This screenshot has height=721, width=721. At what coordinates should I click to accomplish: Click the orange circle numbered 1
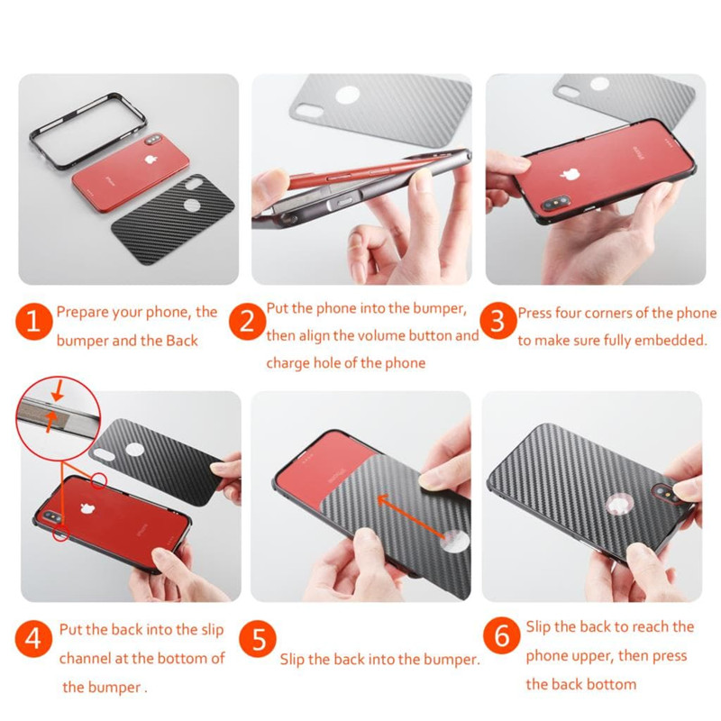coord(33,322)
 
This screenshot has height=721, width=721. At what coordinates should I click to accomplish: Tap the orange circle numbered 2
coord(247,322)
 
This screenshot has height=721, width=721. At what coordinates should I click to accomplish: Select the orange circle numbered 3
coord(498,321)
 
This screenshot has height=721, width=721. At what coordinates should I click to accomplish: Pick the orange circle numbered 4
coord(33,639)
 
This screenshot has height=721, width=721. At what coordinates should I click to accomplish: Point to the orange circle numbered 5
coord(258,640)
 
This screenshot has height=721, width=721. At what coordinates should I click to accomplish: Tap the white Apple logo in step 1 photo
coord(150,160)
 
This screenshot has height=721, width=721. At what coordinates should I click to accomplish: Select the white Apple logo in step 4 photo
coord(86,508)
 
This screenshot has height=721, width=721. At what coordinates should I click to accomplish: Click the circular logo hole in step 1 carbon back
coord(192,205)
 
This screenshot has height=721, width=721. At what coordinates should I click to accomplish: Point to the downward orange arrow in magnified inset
coord(58,393)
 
